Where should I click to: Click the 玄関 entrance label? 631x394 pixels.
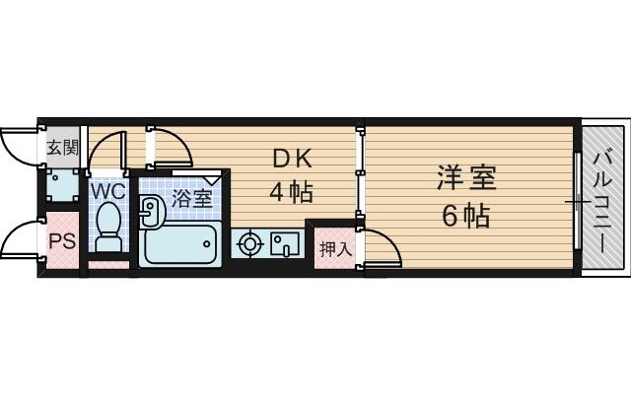(x=62, y=148)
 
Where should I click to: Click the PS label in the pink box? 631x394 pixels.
(x=61, y=240)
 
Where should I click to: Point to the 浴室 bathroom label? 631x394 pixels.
(x=191, y=198)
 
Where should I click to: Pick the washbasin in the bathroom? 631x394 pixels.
(x=151, y=208)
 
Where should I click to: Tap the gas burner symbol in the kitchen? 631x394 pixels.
(x=250, y=241)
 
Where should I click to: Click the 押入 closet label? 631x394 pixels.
(x=334, y=248)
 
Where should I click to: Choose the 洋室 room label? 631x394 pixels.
(x=467, y=178)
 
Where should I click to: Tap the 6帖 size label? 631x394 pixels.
(x=465, y=216)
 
